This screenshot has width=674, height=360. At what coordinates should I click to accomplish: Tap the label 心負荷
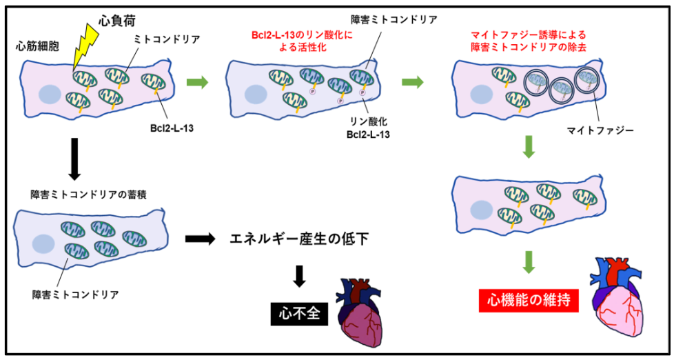coord(111,14)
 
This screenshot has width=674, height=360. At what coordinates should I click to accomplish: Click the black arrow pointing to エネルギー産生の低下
coord(201,239)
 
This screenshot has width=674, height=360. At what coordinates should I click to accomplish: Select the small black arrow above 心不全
coord(298,275)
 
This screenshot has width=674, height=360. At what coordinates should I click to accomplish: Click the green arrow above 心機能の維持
coord(529,260)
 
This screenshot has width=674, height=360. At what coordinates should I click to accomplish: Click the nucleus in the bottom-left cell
coord(44,243)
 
